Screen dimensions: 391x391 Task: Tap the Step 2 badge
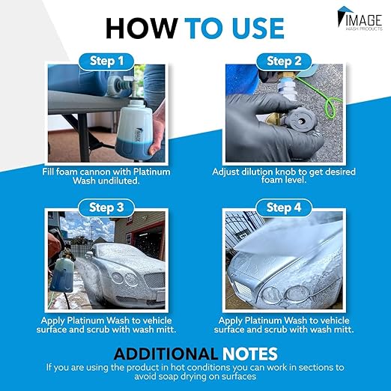click(x=283, y=60)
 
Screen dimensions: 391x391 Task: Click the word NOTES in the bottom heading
click(x=249, y=353)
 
